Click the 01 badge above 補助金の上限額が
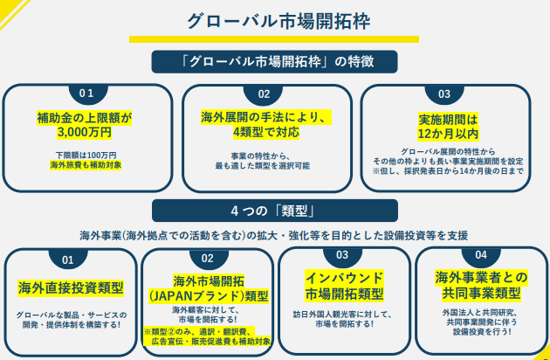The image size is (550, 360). (86, 93)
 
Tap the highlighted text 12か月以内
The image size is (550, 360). (448, 134)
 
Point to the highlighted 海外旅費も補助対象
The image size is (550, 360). (86, 164)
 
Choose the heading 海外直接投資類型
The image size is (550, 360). (71, 287)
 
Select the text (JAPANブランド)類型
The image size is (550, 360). (208, 295)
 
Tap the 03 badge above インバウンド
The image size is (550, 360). (341, 254)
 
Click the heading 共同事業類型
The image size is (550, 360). (478, 292)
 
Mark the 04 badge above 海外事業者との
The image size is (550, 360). (480, 254)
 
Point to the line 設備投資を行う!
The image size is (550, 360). (480, 330)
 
